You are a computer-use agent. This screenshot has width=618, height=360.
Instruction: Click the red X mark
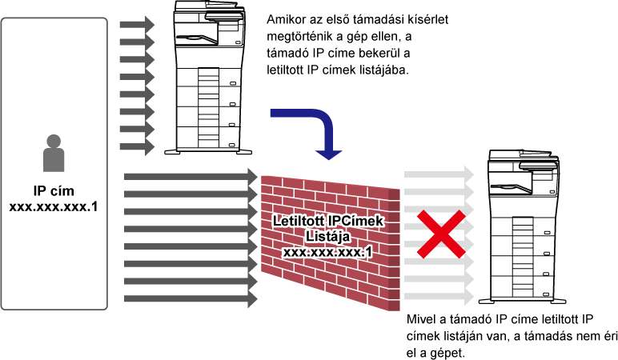point(441,234)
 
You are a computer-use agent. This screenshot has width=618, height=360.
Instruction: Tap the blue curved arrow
point(324,122)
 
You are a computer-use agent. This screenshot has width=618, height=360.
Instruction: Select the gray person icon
point(54,153)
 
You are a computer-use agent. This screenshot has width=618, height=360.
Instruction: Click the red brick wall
point(331,242)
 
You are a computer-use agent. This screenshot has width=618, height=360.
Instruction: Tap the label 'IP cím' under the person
point(54,190)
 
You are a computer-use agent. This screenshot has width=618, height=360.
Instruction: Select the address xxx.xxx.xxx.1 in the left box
point(53,206)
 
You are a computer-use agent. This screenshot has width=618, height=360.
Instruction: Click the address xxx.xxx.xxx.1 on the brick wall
point(327,252)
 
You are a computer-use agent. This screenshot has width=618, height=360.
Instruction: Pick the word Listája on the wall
point(327,236)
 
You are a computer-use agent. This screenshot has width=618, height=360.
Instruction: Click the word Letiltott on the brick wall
point(299,221)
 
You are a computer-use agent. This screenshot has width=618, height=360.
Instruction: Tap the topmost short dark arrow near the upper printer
point(137,25)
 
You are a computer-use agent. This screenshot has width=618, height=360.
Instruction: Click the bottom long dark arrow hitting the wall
point(191,299)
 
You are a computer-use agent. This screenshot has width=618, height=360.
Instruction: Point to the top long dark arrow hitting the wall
point(191,176)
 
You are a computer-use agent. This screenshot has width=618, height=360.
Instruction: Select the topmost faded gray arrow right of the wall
point(439,174)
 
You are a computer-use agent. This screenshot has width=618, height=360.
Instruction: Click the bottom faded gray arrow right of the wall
point(439,296)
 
